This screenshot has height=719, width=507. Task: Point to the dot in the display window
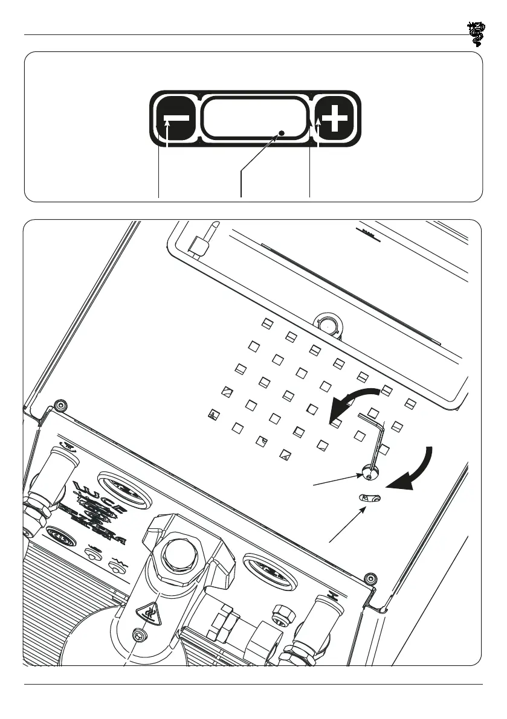[x=281, y=131]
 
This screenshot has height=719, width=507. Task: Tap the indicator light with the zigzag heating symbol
[x=114, y=566]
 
